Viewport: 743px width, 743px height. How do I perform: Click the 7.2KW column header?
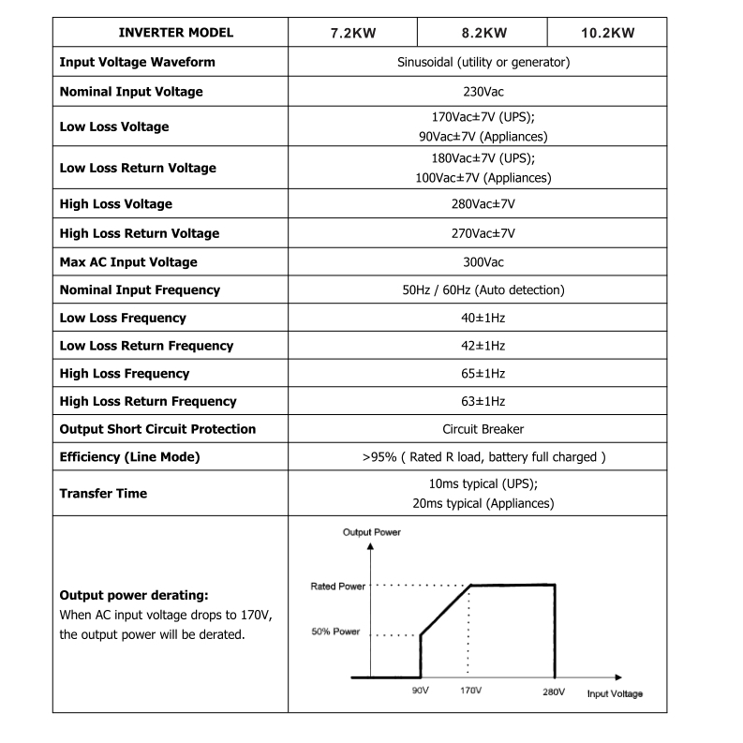[353, 33]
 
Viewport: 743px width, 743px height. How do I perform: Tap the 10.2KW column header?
[607, 33]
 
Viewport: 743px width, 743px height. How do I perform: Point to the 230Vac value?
[483, 92]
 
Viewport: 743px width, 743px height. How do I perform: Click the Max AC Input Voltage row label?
[128, 262]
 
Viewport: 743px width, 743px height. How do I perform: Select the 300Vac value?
[483, 262]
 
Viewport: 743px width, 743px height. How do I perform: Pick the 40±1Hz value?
[483, 318]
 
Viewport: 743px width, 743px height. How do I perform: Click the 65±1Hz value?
[483, 373]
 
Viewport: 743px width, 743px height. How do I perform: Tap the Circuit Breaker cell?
[483, 429]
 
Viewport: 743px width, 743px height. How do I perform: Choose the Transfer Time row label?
[103, 494]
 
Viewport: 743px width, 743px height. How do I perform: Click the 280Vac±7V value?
[483, 203]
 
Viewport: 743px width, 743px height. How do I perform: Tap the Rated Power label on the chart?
[337, 587]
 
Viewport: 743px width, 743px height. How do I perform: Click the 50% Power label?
[335, 632]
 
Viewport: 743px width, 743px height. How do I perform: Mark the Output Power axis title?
[371, 532]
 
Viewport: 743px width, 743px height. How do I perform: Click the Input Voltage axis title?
[615, 693]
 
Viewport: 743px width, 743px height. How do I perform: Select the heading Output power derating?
[133, 595]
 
